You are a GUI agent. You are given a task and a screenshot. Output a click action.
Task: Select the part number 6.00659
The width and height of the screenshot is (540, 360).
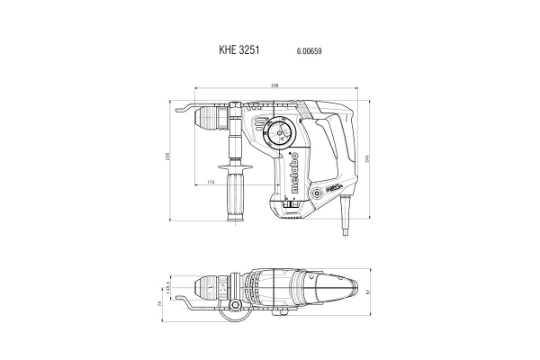pos(309,52)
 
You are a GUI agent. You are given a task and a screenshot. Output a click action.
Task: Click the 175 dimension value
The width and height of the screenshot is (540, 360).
pos(211,183)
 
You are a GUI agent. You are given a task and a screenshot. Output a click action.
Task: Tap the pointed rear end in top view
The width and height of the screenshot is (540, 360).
pos(358,287)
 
